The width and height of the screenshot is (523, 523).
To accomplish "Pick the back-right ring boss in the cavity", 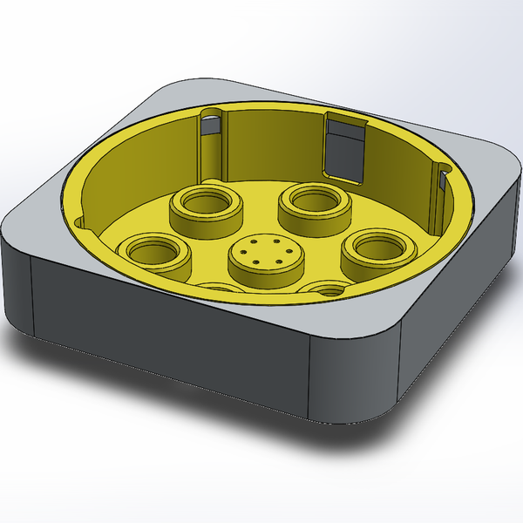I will [315, 206].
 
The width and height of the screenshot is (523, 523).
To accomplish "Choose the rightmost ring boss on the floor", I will [376, 253].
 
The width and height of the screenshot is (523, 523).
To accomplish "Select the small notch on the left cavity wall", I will [80, 221].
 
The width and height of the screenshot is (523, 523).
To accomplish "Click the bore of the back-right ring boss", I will [315, 198].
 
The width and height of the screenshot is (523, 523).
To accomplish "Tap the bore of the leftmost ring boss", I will [155, 250].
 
